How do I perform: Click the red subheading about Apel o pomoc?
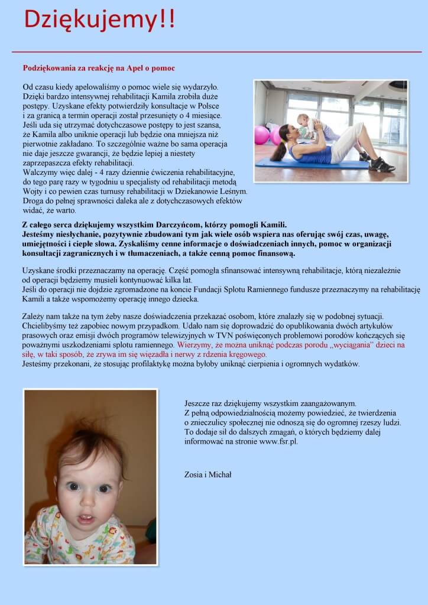coord(99,69)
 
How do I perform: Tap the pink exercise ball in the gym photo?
coord(262,135)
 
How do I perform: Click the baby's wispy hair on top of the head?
coord(89,440)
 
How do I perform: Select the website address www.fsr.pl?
coord(278,441)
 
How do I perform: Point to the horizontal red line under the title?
coord(216,52)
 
